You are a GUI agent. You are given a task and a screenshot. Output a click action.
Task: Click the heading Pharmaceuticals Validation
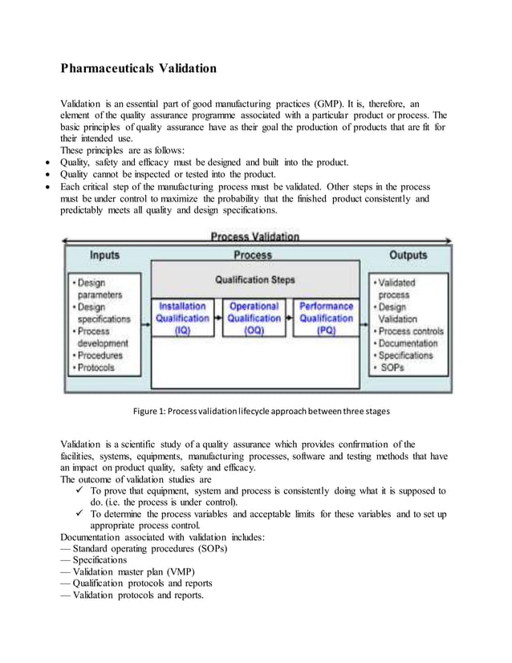[x=139, y=68]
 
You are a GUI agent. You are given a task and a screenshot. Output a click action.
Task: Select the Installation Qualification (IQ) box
[x=183, y=318]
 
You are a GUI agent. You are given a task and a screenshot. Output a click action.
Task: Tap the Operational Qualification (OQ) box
[x=254, y=318]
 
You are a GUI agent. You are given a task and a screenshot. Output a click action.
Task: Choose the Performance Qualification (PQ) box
[x=326, y=318]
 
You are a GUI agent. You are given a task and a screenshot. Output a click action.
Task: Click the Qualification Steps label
[x=254, y=280]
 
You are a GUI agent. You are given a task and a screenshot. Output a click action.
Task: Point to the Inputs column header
[x=104, y=255]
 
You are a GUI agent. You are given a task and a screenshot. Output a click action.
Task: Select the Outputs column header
[x=408, y=255]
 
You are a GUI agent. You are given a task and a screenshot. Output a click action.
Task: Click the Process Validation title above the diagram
[x=255, y=237]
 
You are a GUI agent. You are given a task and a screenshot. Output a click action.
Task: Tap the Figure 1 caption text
[x=255, y=413]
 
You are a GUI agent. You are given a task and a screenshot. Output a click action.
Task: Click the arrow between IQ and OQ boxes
[x=218, y=319]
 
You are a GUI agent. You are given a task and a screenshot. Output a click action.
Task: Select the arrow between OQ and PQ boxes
[x=290, y=319]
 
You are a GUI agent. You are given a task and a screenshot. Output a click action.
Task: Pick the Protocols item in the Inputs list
[x=96, y=368]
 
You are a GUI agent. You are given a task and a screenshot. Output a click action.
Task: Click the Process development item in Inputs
[x=101, y=337]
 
